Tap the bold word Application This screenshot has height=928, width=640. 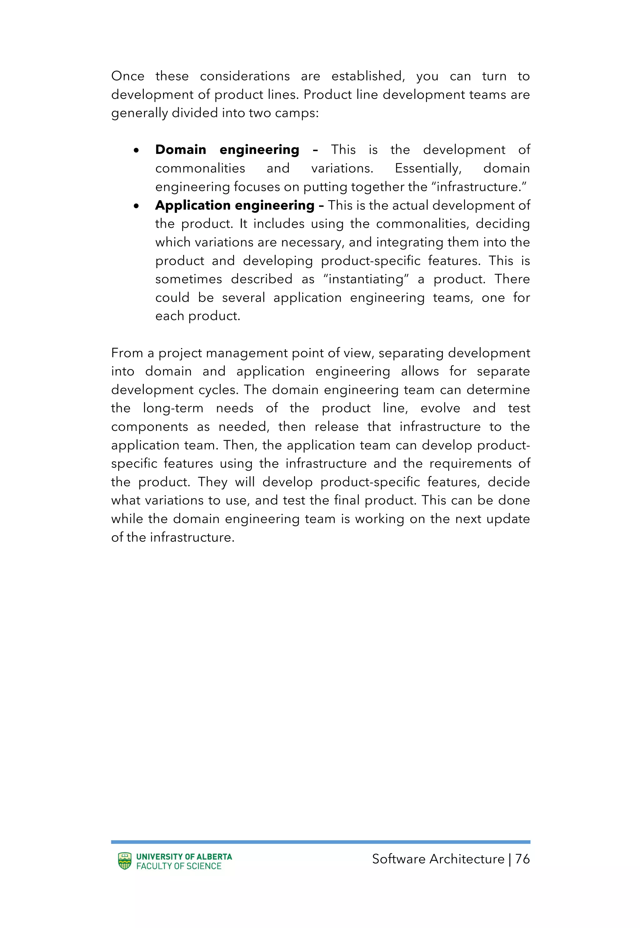[192, 205]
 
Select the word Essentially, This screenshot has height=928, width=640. [428, 168]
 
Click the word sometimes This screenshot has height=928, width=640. [188, 279]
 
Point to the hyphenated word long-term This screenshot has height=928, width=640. [173, 408]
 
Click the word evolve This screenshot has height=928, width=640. [440, 408]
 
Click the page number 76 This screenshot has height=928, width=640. [522, 859]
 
